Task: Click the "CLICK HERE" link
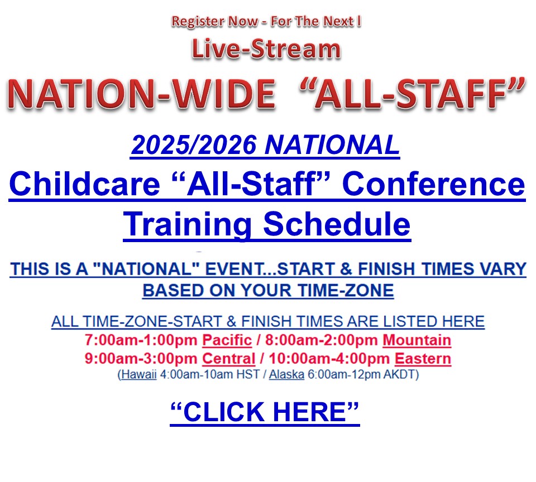click(265, 412)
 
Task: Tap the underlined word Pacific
click(227, 340)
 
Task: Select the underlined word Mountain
click(417, 340)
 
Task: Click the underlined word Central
click(229, 359)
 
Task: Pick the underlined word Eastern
click(423, 359)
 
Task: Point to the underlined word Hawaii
click(139, 374)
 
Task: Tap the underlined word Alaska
click(286, 374)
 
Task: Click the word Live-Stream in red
click(266, 49)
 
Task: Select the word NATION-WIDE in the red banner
click(141, 94)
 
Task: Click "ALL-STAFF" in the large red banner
click(412, 93)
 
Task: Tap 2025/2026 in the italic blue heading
click(194, 145)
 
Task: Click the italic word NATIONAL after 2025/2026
click(332, 145)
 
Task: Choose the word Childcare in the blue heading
click(85, 184)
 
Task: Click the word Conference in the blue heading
click(433, 184)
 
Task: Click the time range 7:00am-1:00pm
click(141, 340)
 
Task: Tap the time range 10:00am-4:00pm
click(329, 359)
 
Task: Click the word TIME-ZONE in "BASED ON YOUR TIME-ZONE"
click(346, 291)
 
